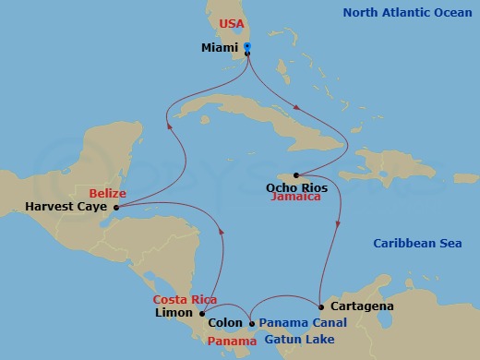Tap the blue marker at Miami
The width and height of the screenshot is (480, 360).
[x=246, y=47]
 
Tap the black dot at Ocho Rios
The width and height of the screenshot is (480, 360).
[x=295, y=175]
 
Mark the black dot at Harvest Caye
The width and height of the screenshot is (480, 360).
[x=116, y=208]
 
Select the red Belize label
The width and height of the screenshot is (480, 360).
[x=108, y=192]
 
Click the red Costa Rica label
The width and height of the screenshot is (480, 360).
[x=185, y=300]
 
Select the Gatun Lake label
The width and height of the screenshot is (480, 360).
[x=293, y=341]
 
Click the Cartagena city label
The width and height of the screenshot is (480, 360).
[x=361, y=306]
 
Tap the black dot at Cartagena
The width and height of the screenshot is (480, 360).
[x=320, y=306]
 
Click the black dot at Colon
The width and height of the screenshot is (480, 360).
[x=252, y=323]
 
